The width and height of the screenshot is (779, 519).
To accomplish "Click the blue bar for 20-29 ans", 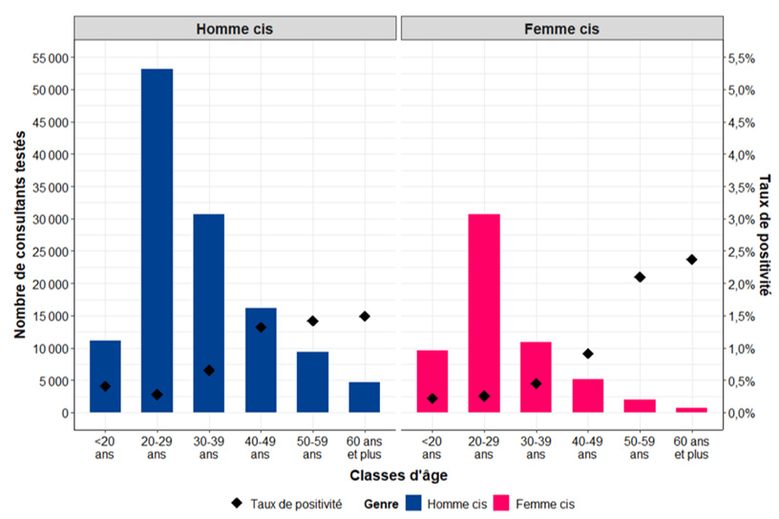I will [x=157, y=239].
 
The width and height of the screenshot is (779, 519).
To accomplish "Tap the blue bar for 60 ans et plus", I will [x=364, y=398].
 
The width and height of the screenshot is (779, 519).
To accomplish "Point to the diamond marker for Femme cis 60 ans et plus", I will [x=691, y=259].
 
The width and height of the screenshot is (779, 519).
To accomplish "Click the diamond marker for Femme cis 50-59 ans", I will [x=640, y=277].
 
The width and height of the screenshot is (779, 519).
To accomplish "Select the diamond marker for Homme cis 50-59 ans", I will [x=312, y=321].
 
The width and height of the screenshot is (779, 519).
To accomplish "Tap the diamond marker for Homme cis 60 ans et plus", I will [x=364, y=316].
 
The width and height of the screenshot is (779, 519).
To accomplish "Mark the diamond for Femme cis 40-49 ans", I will [x=588, y=354].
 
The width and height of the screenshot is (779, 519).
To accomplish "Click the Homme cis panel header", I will [x=234, y=29].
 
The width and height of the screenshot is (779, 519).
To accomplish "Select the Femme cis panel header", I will [x=561, y=29].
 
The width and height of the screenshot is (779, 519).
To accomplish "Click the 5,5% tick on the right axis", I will [x=742, y=58].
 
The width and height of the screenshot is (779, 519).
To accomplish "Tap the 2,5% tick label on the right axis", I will [x=742, y=252].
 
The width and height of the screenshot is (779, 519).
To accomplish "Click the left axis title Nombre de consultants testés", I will [x=20, y=235].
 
